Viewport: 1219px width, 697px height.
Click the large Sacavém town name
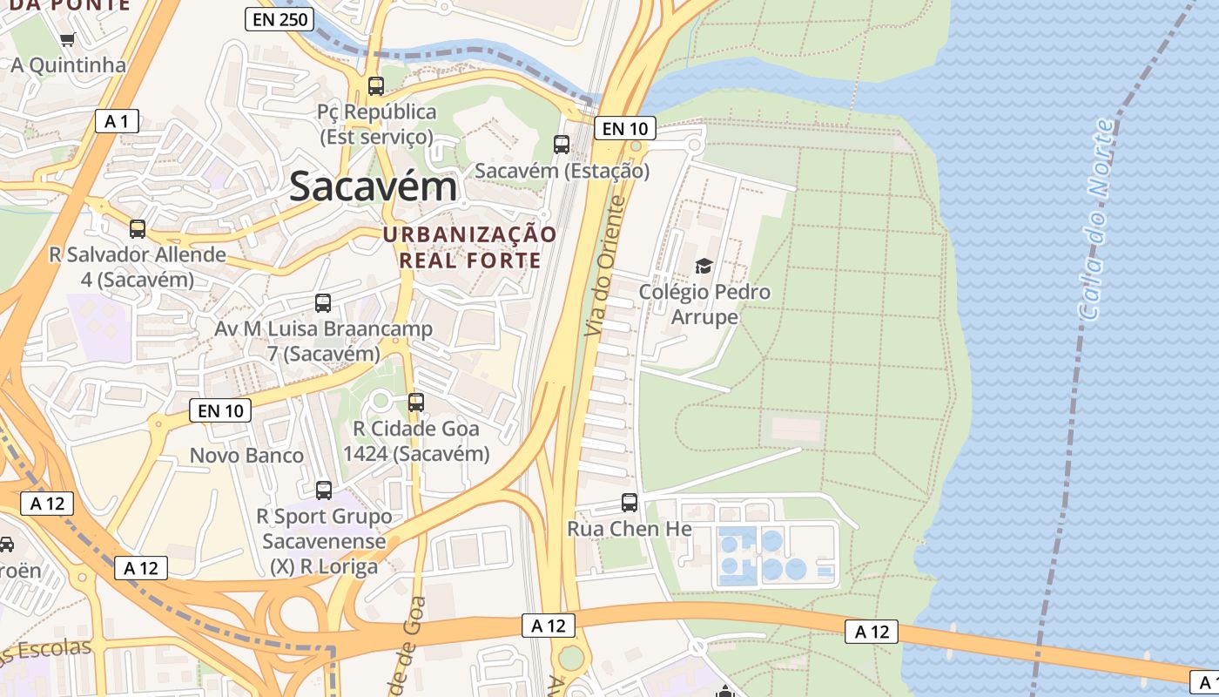point(373,186)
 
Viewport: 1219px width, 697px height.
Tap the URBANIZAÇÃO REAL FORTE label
point(469,247)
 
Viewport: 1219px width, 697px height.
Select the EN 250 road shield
point(279,19)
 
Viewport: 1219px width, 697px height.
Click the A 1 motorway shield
point(117,121)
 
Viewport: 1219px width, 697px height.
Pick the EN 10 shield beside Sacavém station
point(624,129)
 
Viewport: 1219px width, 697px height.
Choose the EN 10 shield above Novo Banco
point(220,410)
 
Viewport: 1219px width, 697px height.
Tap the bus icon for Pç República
point(376,86)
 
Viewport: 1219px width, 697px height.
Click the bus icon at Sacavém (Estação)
point(562,145)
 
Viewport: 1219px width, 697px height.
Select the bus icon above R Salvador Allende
point(138,229)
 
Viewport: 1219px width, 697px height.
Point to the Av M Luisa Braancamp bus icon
point(323,303)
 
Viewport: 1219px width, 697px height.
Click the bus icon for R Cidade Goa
point(416,403)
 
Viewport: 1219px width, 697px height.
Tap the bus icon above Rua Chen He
point(630,503)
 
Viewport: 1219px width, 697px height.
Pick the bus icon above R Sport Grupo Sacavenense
point(324,491)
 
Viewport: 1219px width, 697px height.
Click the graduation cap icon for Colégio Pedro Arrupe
point(704,266)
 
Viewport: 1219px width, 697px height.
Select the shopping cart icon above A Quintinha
point(68,39)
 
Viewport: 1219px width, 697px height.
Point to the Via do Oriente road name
point(606,267)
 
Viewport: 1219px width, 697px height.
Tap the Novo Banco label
point(246,456)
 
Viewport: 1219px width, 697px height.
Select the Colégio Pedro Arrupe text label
point(704,304)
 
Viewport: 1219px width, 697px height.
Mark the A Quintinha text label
point(68,65)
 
